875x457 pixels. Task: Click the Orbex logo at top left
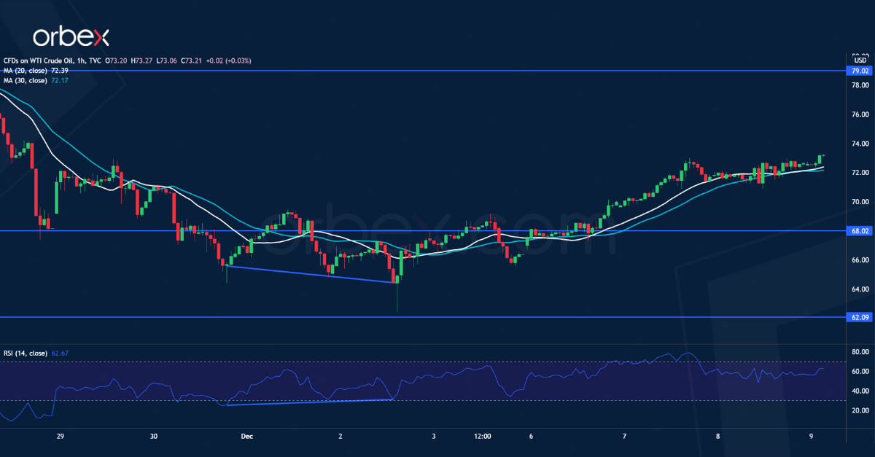click(x=71, y=37)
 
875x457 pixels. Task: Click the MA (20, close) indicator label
click(x=26, y=71)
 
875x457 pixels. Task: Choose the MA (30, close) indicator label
click(x=26, y=80)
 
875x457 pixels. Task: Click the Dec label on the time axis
click(x=246, y=437)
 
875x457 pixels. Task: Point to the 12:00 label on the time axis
click(x=482, y=437)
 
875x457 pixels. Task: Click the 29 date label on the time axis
click(x=61, y=437)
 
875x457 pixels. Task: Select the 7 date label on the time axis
click(x=625, y=437)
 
